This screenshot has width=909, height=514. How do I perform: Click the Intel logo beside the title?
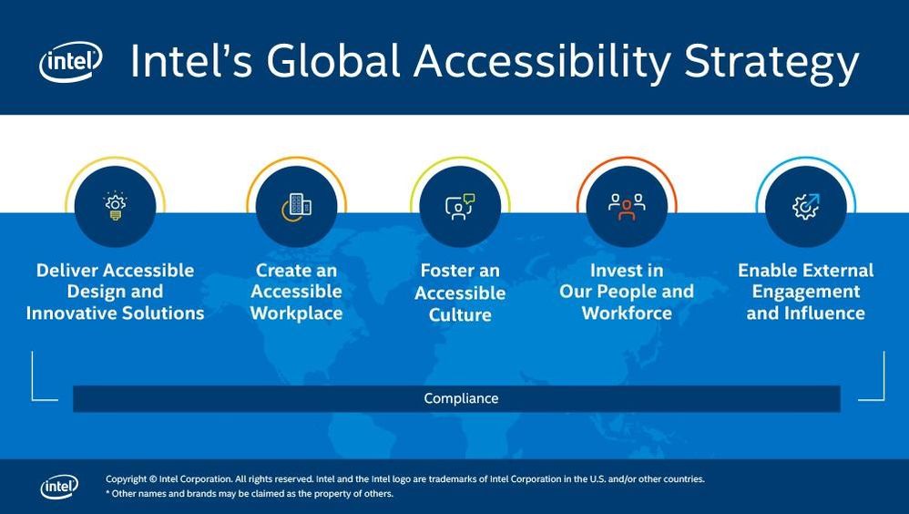pyautogui.click(x=71, y=61)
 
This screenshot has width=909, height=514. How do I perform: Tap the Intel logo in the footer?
pyautogui.click(x=59, y=487)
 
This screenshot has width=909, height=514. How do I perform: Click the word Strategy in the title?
pyautogui.click(x=771, y=63)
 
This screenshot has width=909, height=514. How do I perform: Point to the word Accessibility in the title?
pyautogui.click(x=542, y=63)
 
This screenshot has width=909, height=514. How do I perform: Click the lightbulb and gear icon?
pyautogui.click(x=116, y=206)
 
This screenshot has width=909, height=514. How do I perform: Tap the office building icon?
pyautogui.click(x=296, y=207)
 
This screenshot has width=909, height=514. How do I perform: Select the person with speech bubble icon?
pyautogui.click(x=460, y=207)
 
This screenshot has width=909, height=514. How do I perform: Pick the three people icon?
pyautogui.click(x=627, y=207)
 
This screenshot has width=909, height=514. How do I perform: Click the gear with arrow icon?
pyautogui.click(x=806, y=207)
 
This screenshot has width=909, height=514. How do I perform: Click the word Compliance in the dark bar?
pyautogui.click(x=461, y=398)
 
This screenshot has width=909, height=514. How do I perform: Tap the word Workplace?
pyautogui.click(x=296, y=314)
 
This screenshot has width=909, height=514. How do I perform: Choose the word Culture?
pyautogui.click(x=460, y=315)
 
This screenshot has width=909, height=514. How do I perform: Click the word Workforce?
pyautogui.click(x=627, y=314)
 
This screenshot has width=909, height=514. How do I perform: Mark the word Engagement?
pyautogui.click(x=806, y=293)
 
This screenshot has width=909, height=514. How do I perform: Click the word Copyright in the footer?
pyautogui.click(x=126, y=479)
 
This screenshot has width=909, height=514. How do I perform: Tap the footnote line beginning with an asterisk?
pyautogui.click(x=250, y=494)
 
